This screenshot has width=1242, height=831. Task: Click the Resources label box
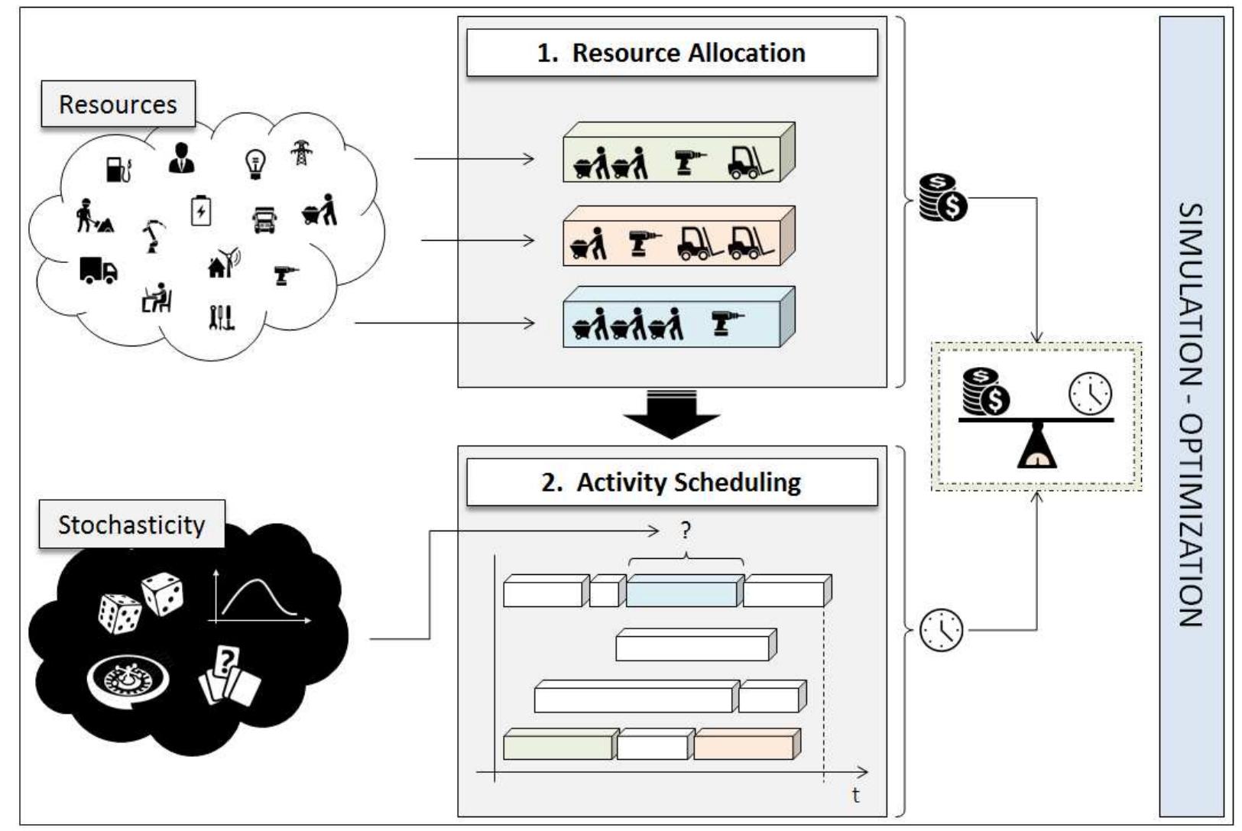click(x=118, y=104)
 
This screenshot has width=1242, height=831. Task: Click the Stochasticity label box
click(x=131, y=524)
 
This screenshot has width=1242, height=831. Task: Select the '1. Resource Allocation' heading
click(x=671, y=53)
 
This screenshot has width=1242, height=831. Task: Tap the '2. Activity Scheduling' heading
click(x=671, y=482)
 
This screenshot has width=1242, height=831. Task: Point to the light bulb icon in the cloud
click(x=255, y=163)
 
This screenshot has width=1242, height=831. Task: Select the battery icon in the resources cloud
click(x=201, y=211)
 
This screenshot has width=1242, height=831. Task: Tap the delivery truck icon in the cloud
click(x=99, y=271)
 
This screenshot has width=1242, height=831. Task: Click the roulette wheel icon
click(x=128, y=680)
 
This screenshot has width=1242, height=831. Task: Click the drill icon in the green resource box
click(x=689, y=163)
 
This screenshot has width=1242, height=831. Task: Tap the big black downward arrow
click(x=671, y=417)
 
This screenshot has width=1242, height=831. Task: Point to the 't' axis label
click(x=855, y=796)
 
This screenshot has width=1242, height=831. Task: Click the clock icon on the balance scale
click(x=1089, y=394)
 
